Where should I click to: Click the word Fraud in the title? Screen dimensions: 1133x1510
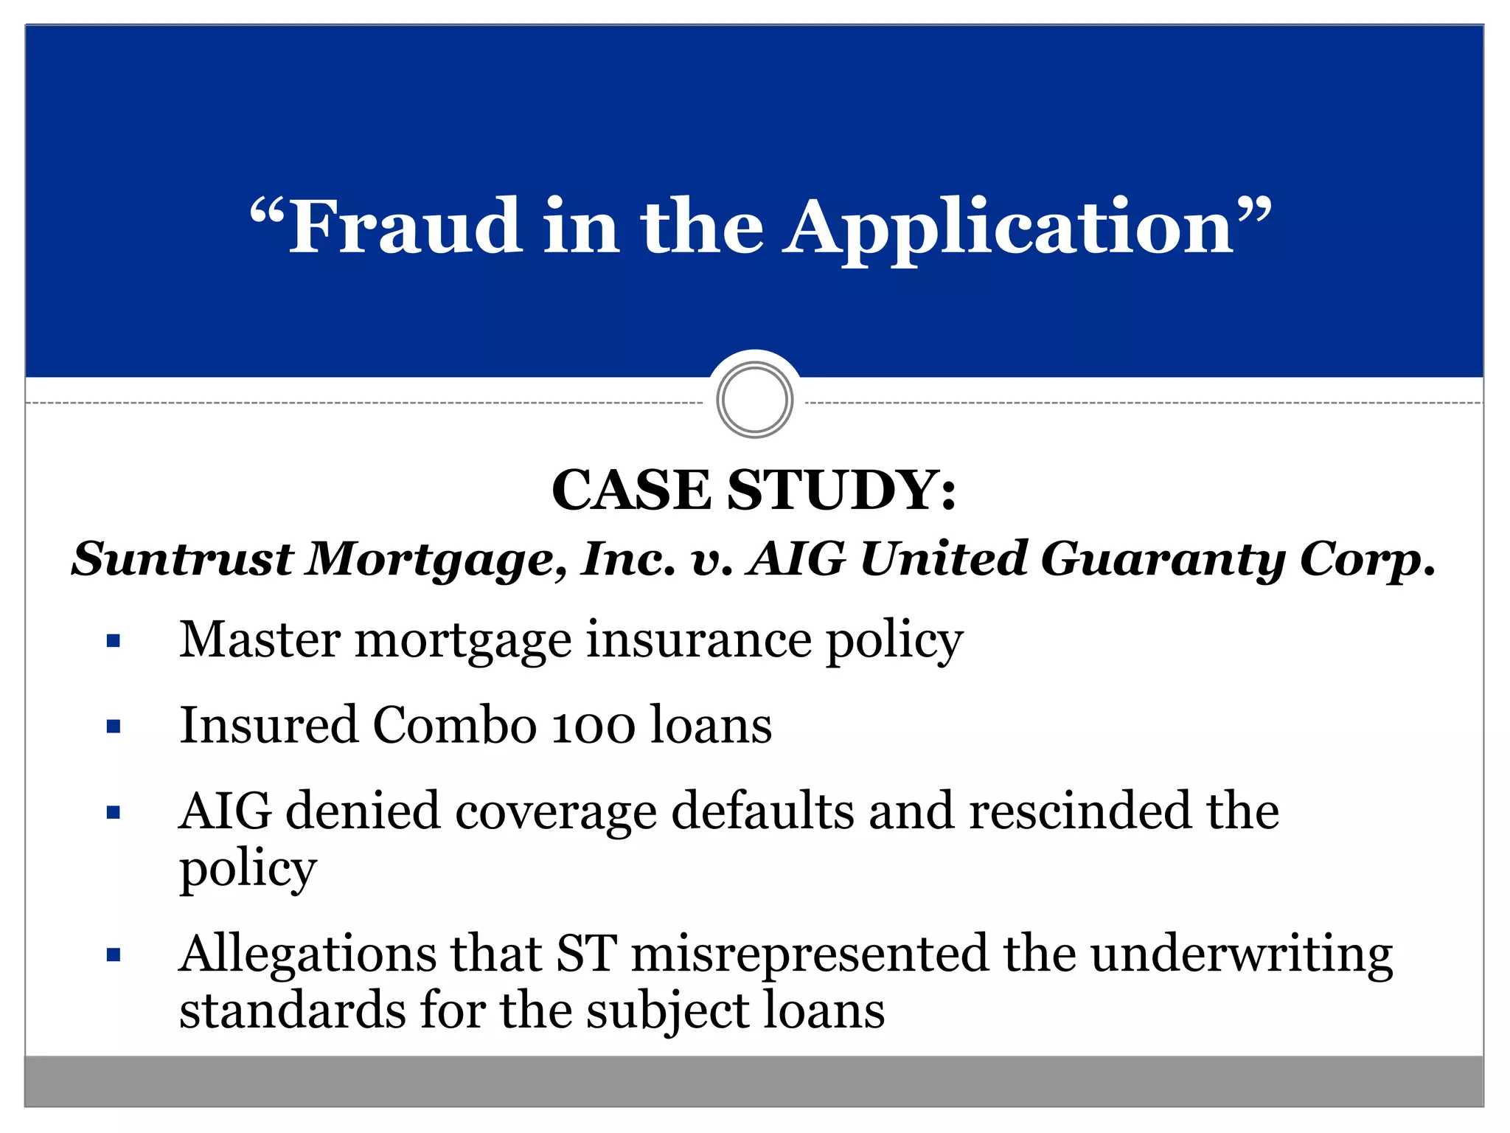[x=405, y=226]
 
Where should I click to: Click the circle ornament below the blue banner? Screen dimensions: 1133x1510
[x=754, y=399]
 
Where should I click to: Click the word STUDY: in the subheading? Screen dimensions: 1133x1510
[x=842, y=490]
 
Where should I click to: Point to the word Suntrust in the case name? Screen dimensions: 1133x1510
[x=183, y=558]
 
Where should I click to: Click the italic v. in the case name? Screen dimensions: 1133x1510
[x=712, y=560]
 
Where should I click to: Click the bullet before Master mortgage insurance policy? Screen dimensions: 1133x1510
[x=113, y=640]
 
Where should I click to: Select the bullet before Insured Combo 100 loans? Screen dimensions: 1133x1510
[x=113, y=727]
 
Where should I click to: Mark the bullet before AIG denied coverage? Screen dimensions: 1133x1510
[x=113, y=813]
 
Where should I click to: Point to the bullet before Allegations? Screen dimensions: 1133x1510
[x=113, y=956]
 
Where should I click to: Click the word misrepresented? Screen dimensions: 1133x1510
[x=809, y=954]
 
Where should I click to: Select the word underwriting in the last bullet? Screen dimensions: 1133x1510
[x=1242, y=954]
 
